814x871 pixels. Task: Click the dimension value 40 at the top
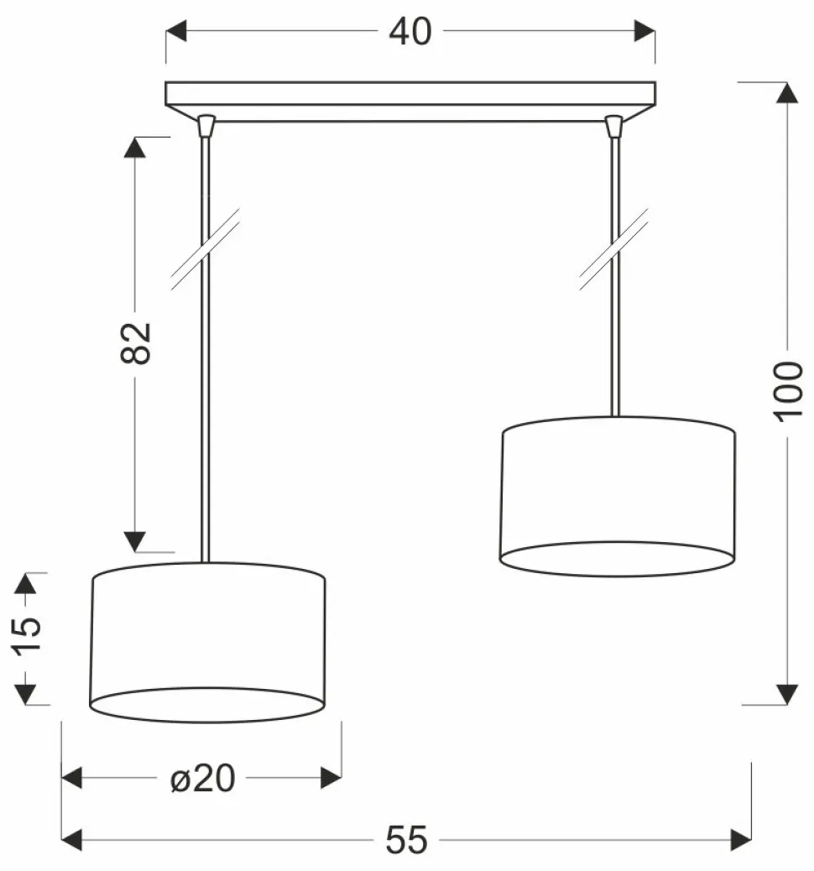[x=410, y=32]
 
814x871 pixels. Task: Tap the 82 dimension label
[x=136, y=342]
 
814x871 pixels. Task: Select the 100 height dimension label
[x=789, y=391]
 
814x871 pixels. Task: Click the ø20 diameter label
[x=203, y=778]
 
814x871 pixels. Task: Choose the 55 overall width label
[x=407, y=840]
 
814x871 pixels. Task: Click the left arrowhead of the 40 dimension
[x=176, y=30]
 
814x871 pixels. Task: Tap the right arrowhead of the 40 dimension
[x=644, y=30]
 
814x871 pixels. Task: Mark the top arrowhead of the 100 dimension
[x=787, y=93]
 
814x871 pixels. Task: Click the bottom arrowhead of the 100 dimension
[x=787, y=694]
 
